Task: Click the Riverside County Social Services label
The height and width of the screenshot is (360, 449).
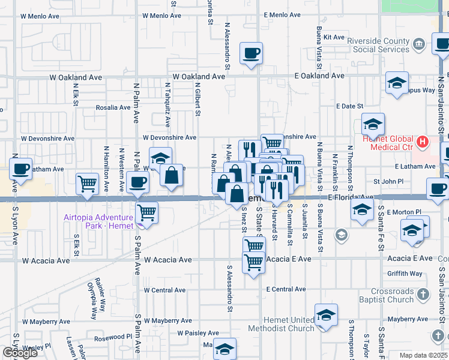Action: click(x=378, y=45)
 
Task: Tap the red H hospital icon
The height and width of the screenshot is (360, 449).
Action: click(x=423, y=143)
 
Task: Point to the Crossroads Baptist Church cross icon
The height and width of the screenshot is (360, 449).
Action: click(x=423, y=294)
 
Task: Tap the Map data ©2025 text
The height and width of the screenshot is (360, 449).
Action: click(x=424, y=355)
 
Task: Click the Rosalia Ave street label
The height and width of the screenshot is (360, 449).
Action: click(x=113, y=107)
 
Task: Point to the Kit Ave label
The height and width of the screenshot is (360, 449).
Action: click(x=333, y=37)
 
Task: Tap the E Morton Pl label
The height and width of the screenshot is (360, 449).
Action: click(x=404, y=212)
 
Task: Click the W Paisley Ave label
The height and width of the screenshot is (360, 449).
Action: click(x=198, y=333)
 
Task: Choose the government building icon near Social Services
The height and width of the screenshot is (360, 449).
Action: click(x=419, y=43)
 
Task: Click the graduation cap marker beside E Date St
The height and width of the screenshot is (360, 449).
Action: click(x=373, y=125)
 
